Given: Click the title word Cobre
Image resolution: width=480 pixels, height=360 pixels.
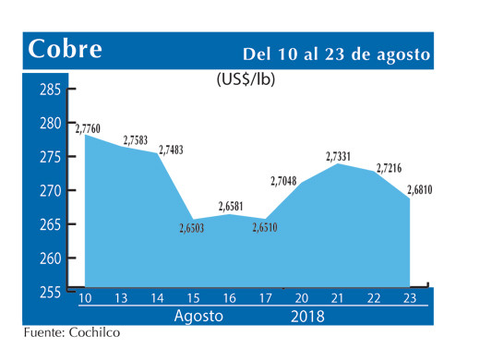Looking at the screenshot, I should click(66, 51).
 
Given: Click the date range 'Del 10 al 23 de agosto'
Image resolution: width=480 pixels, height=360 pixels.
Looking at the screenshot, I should click(337, 54).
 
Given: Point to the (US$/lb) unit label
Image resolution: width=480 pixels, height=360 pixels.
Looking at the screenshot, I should click(246, 79).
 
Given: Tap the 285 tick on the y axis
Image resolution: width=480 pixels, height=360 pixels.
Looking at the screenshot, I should click(51, 90).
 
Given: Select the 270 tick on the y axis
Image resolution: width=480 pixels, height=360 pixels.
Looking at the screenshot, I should click(51, 191).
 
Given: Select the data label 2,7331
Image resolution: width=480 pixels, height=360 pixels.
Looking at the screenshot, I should click(342, 157).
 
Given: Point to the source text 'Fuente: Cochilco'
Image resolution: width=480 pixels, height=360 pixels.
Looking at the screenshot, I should click(72, 333).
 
